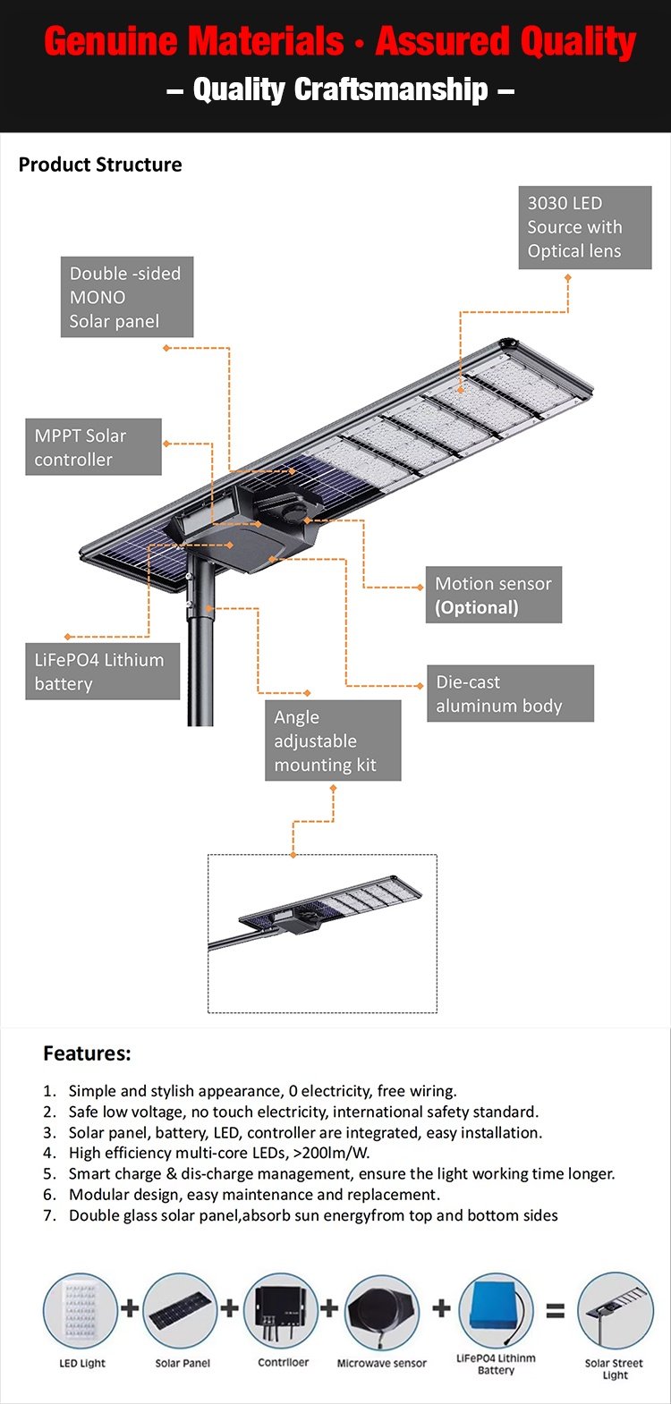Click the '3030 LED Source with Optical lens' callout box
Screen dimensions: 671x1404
click(x=585, y=227)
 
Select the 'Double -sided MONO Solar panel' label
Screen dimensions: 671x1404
click(x=127, y=297)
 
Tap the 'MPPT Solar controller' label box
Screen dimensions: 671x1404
click(x=93, y=447)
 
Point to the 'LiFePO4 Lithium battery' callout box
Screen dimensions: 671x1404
click(x=103, y=672)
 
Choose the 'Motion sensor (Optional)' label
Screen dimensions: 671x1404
click(x=494, y=595)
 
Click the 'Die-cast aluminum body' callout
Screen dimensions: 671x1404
click(x=511, y=693)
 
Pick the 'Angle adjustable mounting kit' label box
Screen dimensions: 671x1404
click(x=333, y=740)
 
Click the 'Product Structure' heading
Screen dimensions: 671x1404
click(x=100, y=165)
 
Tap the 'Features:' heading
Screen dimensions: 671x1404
click(x=87, y=1053)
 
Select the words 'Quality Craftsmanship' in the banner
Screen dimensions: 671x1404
click(x=341, y=89)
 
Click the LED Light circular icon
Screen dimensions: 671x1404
click(x=81, y=1311)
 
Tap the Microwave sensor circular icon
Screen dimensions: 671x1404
click(x=382, y=1311)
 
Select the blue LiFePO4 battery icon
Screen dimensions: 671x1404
click(x=496, y=1308)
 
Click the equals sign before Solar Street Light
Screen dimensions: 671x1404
click(x=555, y=1311)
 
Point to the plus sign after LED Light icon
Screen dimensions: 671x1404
click(x=130, y=1308)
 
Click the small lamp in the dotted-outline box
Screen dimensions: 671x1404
click(x=316, y=910)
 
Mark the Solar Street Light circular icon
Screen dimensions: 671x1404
click(x=616, y=1311)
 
